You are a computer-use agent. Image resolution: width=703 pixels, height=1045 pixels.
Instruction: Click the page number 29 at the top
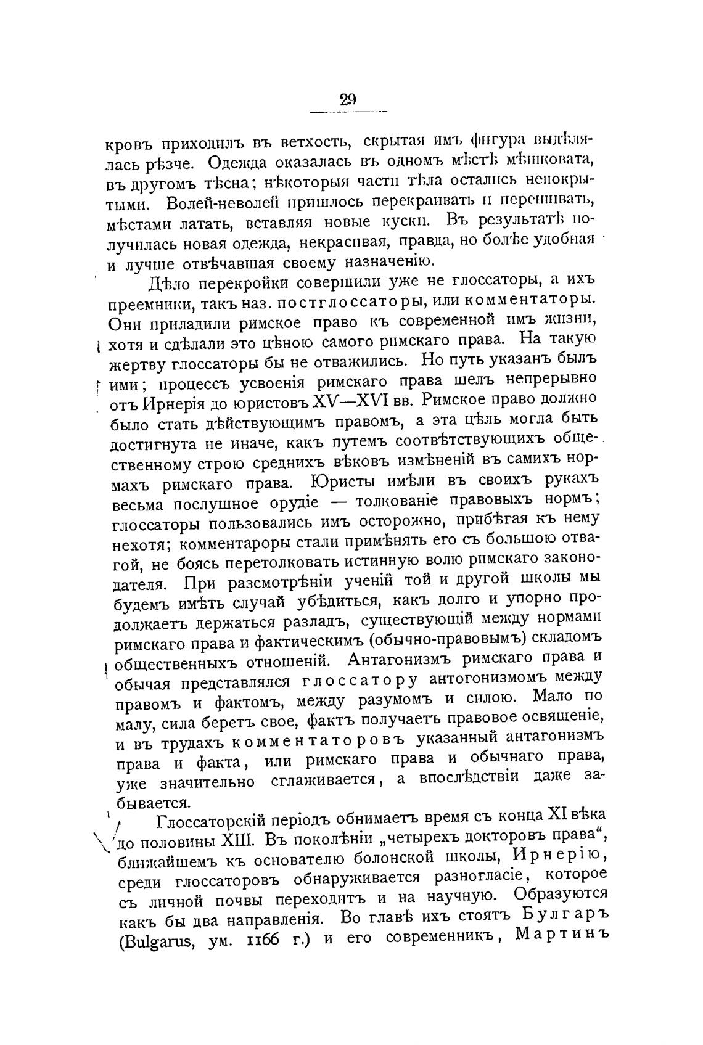[348, 99]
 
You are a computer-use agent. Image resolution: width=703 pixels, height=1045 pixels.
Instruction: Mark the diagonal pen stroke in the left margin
[100, 840]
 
